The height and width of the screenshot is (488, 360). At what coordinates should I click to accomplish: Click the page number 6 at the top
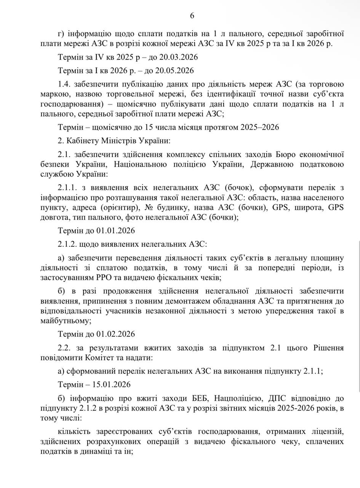[x=192, y=16]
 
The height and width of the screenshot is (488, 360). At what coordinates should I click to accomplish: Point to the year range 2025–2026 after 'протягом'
[x=259, y=127]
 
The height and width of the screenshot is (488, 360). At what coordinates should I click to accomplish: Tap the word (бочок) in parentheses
[x=238, y=188]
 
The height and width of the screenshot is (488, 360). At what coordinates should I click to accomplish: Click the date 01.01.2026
[x=116, y=231]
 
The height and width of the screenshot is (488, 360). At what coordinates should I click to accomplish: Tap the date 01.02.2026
[x=116, y=334]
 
